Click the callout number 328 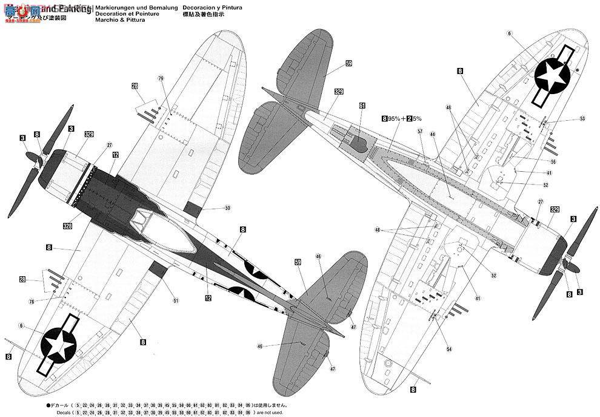click(x=68, y=225)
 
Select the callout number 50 click(x=227, y=208)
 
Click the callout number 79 click(x=161, y=78)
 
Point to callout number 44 click(x=432, y=133)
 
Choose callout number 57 click(x=419, y=131)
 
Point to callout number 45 click(x=449, y=108)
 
